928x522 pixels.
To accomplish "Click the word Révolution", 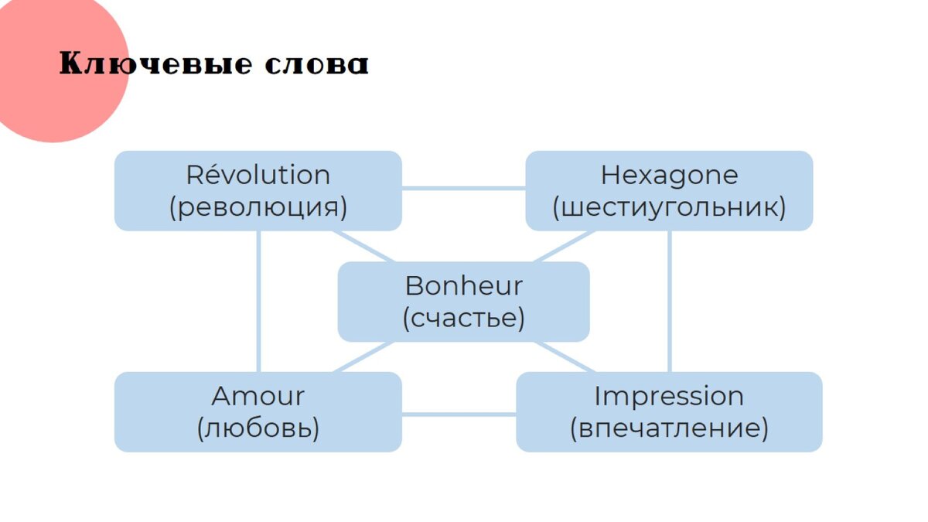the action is pos(258,176).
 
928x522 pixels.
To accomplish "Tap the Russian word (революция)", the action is pos(258,208).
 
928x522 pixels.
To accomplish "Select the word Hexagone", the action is pos(669,176).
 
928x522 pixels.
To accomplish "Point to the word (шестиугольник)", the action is pos(669,208).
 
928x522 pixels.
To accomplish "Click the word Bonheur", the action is pos(463,286).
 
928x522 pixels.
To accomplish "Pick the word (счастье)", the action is pos(463,319).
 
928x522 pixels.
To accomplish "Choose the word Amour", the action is pos(258,397).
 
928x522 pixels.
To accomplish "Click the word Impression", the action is pos(669,397).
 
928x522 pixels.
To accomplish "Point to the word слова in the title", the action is pos(316,65).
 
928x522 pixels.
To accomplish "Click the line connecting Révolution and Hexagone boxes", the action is pos(463,188).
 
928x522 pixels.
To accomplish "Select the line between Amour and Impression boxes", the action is pos(459,414).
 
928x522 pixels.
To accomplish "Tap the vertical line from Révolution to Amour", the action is pos(258,302).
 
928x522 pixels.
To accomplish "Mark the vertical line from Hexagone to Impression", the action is pos(669,302).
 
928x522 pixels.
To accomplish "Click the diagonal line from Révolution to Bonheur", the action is pos(365,247).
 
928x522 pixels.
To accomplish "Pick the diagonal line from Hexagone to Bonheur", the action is pos(563,247).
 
